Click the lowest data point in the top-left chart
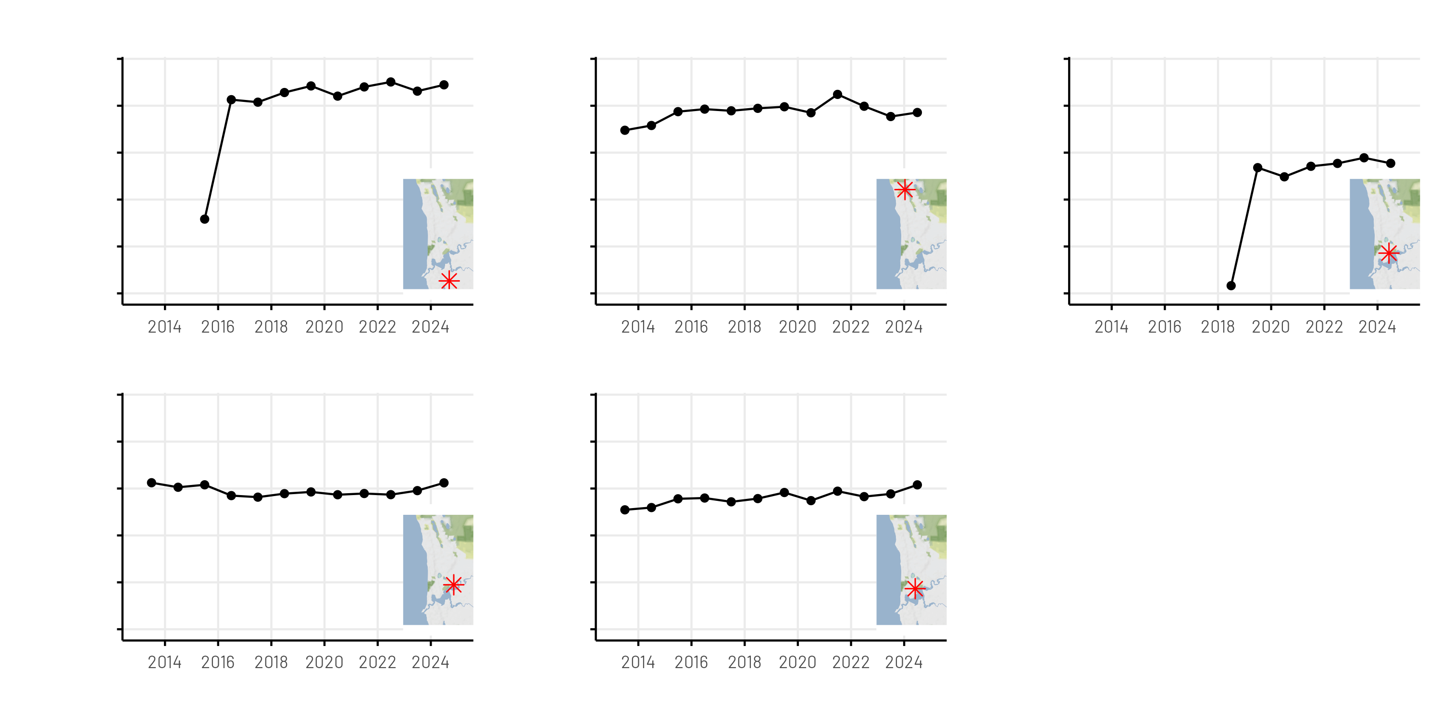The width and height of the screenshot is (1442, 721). pyautogui.click(x=204, y=219)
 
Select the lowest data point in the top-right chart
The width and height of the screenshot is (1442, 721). pyautogui.click(x=1231, y=286)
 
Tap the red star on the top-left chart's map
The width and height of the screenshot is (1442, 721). pyautogui.click(x=449, y=280)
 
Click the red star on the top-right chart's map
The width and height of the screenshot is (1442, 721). pyautogui.click(x=1388, y=254)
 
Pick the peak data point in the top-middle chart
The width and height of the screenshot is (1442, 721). pyautogui.click(x=837, y=95)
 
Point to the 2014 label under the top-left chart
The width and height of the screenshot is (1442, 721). pyautogui.click(x=164, y=327)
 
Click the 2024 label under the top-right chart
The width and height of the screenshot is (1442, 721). pyautogui.click(x=1377, y=327)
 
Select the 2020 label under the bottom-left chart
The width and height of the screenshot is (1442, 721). pyautogui.click(x=324, y=663)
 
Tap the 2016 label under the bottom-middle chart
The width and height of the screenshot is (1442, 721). pyautogui.click(x=691, y=663)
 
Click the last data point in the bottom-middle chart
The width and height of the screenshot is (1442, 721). pyautogui.click(x=918, y=485)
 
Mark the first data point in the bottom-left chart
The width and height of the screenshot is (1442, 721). pyautogui.click(x=152, y=483)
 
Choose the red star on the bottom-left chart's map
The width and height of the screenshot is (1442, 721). pyautogui.click(x=453, y=585)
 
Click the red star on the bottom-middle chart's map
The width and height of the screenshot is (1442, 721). pyautogui.click(x=915, y=589)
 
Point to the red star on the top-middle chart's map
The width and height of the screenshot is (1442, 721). pyautogui.click(x=905, y=190)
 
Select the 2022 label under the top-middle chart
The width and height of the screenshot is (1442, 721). pyautogui.click(x=851, y=327)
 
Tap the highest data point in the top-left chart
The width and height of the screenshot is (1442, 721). pyautogui.click(x=391, y=82)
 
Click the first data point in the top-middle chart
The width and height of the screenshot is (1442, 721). pyautogui.click(x=625, y=130)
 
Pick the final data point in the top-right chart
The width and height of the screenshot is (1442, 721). pyautogui.click(x=1391, y=163)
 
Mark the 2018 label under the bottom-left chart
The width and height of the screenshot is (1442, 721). pyautogui.click(x=271, y=663)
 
